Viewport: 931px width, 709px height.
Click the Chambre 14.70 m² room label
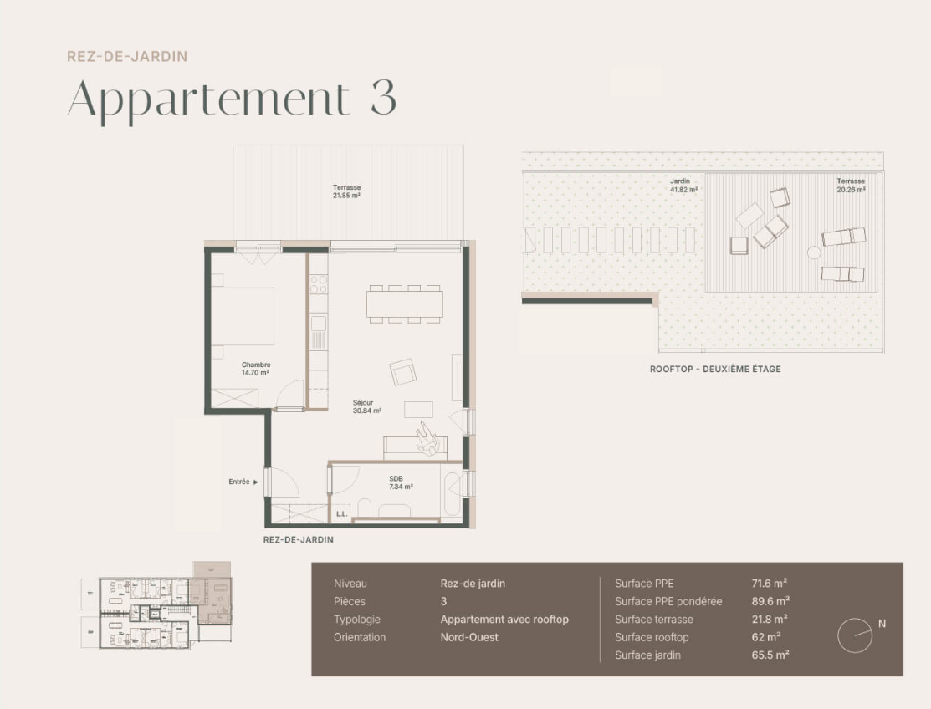click(255, 369)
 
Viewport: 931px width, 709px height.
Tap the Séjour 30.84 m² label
click(367, 406)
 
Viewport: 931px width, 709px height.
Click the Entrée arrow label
click(243, 482)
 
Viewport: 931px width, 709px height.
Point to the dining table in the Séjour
click(405, 303)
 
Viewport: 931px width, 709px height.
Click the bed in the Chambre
click(243, 316)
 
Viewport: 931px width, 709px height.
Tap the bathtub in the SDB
click(452, 493)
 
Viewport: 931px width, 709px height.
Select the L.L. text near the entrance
click(341, 514)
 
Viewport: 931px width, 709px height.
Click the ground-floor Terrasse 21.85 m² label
click(346, 191)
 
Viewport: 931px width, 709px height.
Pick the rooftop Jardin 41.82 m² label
click(683, 185)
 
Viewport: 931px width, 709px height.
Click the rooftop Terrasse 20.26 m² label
click(851, 185)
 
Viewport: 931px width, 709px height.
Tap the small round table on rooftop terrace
click(813, 252)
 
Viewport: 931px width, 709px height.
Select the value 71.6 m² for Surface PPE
click(769, 584)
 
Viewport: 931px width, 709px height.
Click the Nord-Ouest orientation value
click(469, 637)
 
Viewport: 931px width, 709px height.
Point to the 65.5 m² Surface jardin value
click(770, 655)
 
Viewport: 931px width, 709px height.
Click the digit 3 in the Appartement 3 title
click(382, 99)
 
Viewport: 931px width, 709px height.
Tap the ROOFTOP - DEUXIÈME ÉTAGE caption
click(715, 369)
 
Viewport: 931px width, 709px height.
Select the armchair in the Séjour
click(403, 372)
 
